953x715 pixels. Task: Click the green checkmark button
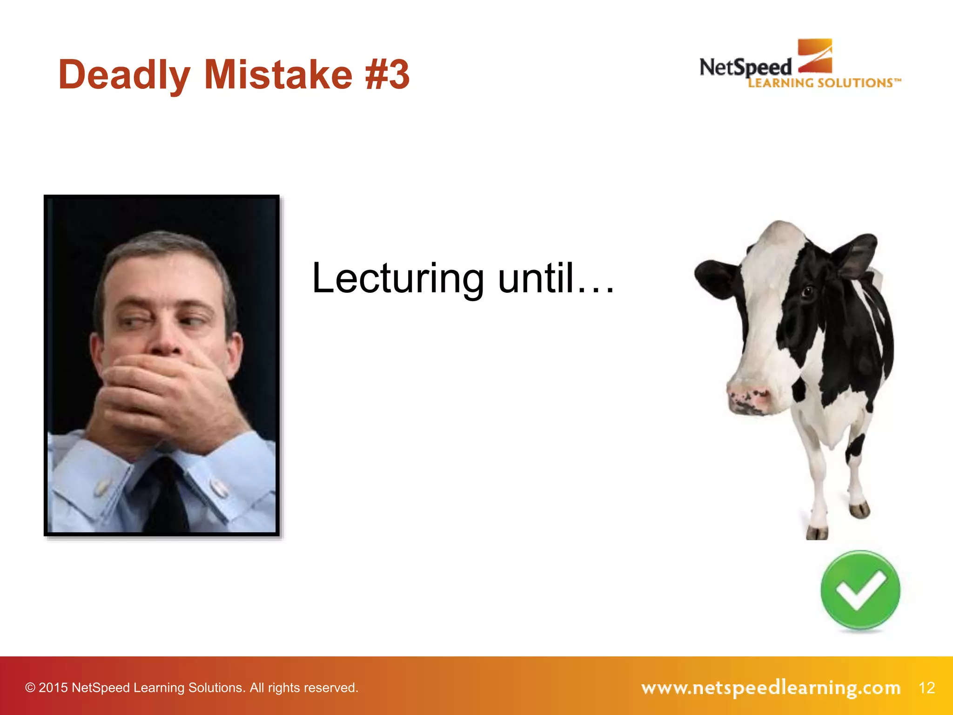(860, 590)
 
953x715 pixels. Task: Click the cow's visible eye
(807, 292)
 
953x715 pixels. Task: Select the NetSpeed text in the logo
(745, 67)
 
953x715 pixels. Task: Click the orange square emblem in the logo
(815, 56)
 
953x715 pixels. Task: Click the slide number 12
(926, 688)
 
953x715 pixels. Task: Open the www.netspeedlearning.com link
(771, 688)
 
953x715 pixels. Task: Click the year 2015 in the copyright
(53, 688)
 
